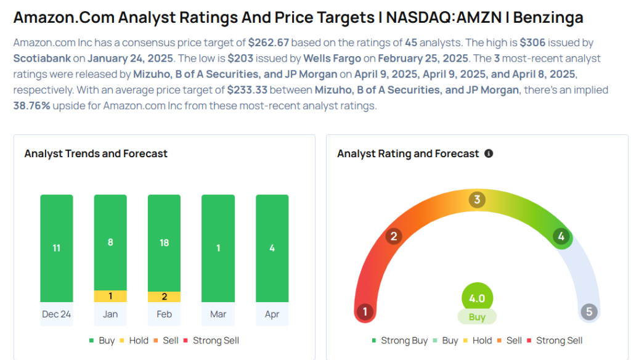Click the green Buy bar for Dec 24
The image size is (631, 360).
click(x=56, y=248)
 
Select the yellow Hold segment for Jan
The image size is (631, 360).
click(x=110, y=296)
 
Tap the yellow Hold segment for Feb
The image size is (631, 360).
click(x=164, y=297)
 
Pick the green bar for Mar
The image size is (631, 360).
click(x=218, y=248)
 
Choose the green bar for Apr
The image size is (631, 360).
click(x=272, y=248)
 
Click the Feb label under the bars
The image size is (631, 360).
click(x=164, y=314)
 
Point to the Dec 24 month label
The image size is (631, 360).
click(x=56, y=314)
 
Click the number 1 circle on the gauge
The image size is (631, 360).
click(x=365, y=312)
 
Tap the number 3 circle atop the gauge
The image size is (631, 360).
click(x=477, y=199)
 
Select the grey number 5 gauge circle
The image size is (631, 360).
click(x=589, y=312)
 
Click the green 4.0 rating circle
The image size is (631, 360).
click(x=477, y=298)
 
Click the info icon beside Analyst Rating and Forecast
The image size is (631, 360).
click(x=489, y=153)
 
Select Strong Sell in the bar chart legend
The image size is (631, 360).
click(x=211, y=341)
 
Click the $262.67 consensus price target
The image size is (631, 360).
click(x=269, y=43)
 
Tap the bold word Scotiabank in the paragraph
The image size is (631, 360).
click(x=42, y=59)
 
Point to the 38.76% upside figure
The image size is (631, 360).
click(x=32, y=106)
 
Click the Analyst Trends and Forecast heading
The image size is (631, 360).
click(x=96, y=153)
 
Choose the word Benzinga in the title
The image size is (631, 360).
click(x=548, y=18)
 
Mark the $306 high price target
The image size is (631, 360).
click(x=532, y=43)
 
